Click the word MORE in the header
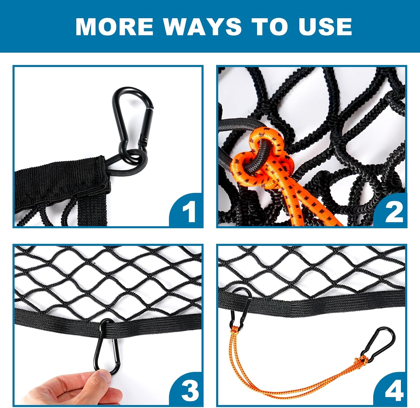[115, 27]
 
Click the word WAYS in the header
[202, 27]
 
